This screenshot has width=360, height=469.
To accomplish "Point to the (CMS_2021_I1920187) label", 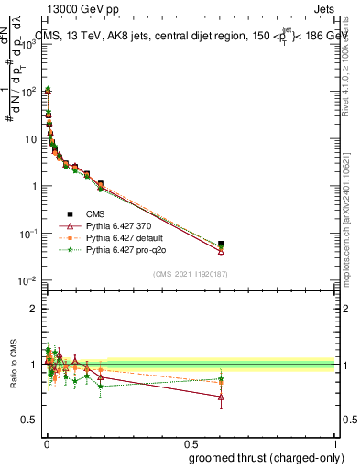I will click(190, 273).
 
